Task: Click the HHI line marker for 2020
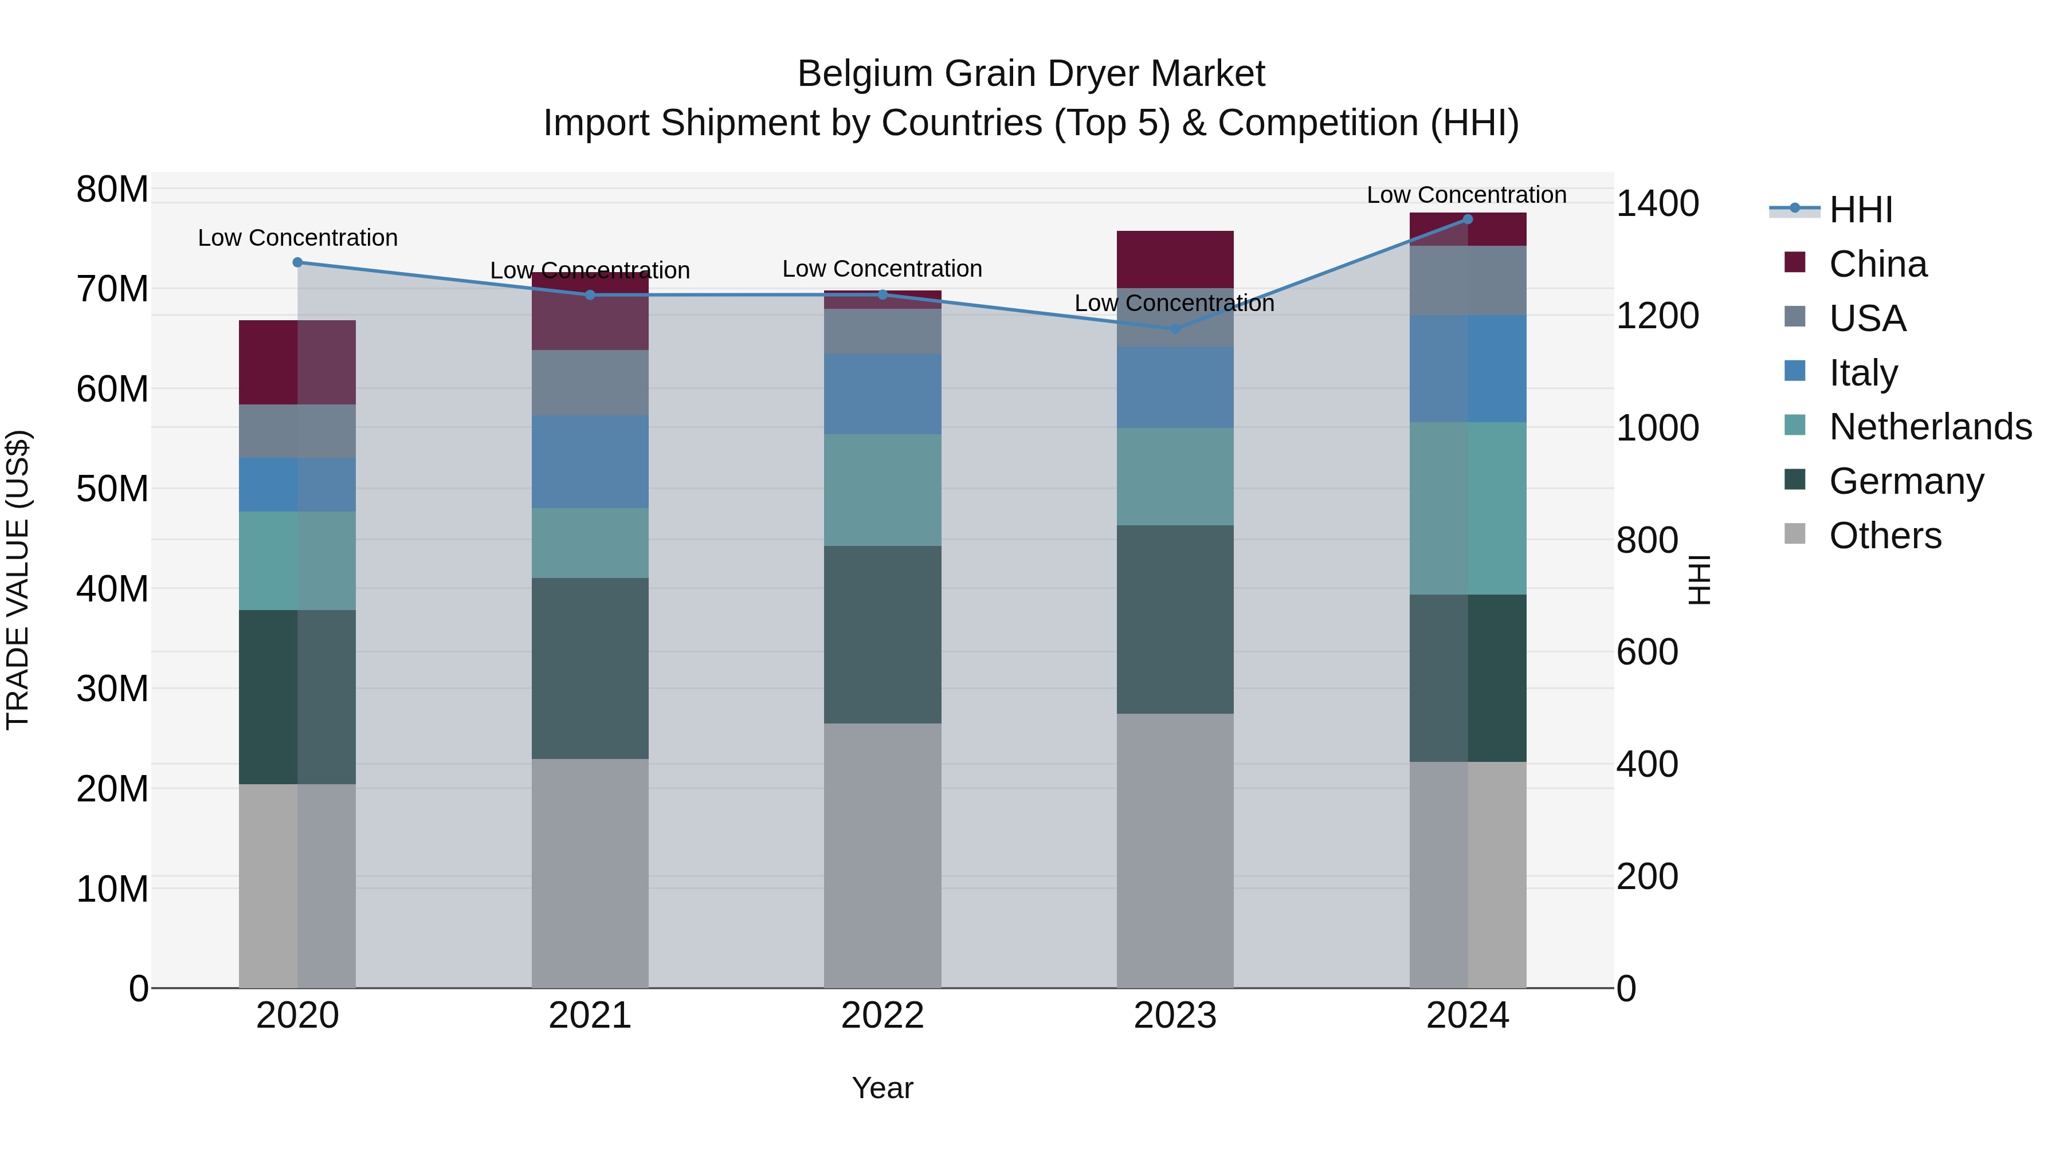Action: click(x=298, y=262)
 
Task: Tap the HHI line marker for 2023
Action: click(x=1175, y=329)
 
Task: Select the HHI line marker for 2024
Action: click(x=1467, y=219)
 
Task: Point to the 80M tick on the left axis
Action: click(x=112, y=190)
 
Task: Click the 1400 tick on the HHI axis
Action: click(x=1657, y=203)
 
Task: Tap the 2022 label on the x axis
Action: click(x=883, y=1016)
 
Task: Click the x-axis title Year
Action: click(x=883, y=1088)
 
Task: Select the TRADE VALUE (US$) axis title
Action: click(x=18, y=580)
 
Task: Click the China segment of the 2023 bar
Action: click(x=1175, y=259)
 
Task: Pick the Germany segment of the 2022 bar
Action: click(x=883, y=635)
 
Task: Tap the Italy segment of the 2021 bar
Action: click(x=590, y=462)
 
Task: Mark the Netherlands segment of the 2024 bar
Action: click(x=1467, y=508)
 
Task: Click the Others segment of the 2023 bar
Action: click(x=1175, y=850)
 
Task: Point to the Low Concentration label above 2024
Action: click(x=1466, y=195)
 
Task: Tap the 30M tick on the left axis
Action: click(x=112, y=689)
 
